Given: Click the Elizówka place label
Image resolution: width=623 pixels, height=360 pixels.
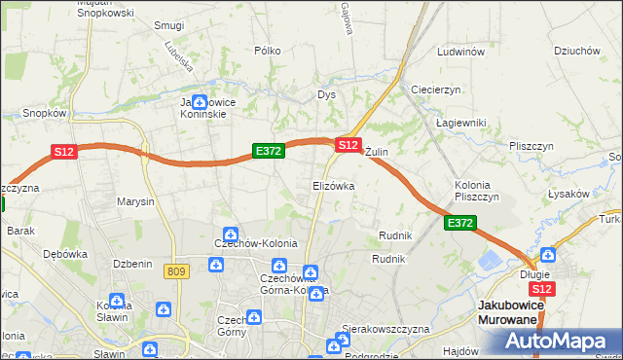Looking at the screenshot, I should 333,185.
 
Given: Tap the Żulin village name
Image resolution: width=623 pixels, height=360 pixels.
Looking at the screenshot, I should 377,153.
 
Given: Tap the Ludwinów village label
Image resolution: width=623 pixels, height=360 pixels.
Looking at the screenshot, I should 460,52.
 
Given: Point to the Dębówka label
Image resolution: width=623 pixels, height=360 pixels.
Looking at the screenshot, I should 65,253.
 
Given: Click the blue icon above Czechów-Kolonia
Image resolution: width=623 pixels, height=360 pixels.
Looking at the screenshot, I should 230,234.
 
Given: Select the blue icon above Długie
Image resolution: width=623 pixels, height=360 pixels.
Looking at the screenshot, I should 548,255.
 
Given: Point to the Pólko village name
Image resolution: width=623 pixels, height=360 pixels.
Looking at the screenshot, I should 267,51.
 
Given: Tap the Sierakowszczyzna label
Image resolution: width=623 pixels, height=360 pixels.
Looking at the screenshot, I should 385,329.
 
